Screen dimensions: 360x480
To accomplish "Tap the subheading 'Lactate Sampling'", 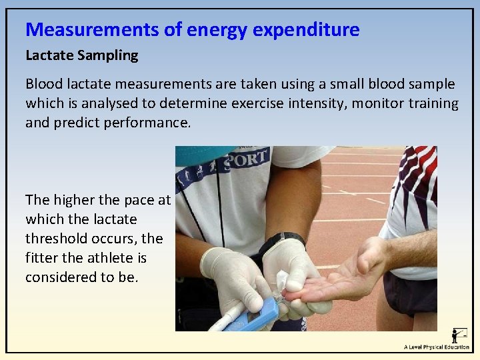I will [x=81, y=56].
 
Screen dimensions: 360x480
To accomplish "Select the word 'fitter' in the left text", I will [x=41, y=258].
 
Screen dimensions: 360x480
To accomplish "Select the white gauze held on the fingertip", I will [x=282, y=280].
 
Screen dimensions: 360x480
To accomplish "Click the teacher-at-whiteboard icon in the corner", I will [x=459, y=335].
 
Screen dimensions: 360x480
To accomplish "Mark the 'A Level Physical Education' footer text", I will [x=437, y=347].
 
